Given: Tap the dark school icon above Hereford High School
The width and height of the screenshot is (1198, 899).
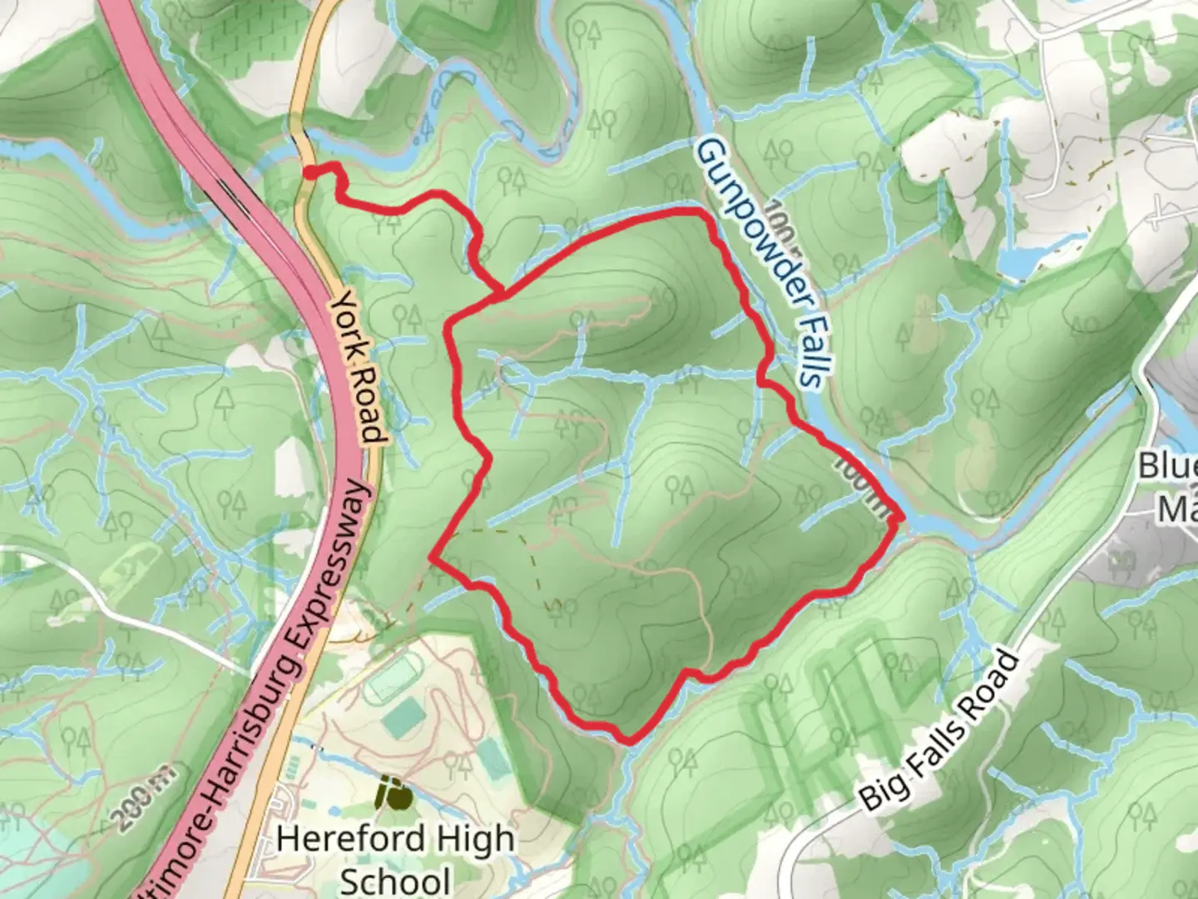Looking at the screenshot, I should click(x=393, y=792).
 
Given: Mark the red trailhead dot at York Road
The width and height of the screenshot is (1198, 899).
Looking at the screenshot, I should click(x=309, y=172).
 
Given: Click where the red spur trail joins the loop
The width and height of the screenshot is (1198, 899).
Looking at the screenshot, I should click(x=502, y=292).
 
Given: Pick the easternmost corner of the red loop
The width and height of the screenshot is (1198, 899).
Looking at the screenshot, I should click(x=902, y=518).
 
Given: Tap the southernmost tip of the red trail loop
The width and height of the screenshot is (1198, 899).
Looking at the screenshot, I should click(x=629, y=739).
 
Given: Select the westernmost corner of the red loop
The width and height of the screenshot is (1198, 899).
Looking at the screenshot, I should click(x=433, y=556).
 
